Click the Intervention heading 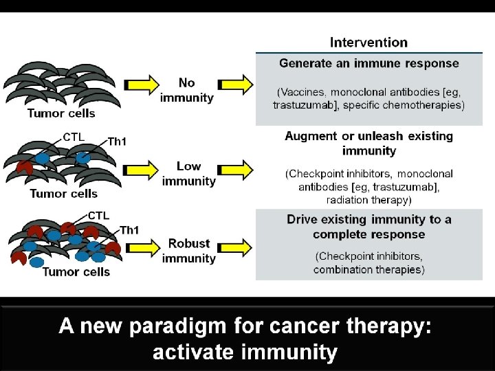(368, 43)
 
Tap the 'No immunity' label (186, 90)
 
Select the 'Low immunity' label (188, 174)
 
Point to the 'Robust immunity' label (188, 251)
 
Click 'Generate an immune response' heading (368, 63)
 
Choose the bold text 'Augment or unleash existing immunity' (368, 143)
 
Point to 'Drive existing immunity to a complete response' (368, 227)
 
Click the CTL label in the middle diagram (74, 137)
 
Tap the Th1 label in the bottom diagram (129, 229)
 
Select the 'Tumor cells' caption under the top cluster (61, 113)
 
